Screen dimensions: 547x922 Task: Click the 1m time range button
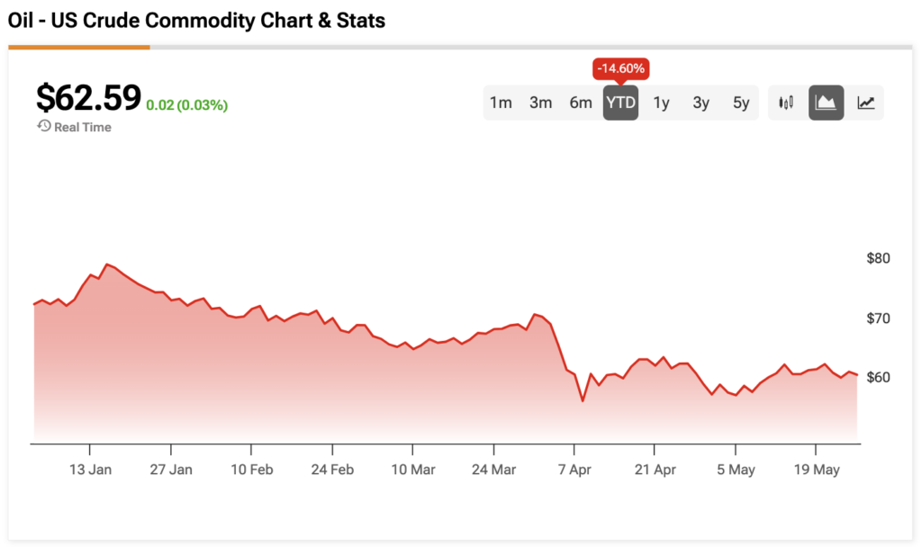[501, 103]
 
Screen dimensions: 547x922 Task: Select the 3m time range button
[540, 103]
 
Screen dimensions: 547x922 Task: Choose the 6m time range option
[581, 103]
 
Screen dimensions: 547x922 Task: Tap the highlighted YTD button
[620, 103]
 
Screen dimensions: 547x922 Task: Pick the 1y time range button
[661, 103]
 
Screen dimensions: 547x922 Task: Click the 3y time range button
[701, 103]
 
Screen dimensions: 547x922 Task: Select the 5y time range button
[741, 103]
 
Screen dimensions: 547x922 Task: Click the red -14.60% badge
[620, 68]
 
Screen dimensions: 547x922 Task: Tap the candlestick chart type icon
[786, 103]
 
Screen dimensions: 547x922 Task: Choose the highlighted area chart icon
[826, 103]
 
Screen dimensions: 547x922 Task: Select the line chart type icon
[865, 103]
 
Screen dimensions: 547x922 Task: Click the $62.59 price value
[88, 97]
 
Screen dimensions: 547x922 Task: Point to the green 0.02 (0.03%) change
[187, 105]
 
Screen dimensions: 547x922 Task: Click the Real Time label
[82, 127]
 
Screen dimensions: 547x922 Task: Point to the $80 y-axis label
[877, 258]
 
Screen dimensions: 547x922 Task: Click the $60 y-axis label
[877, 377]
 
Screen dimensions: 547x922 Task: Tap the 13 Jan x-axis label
[90, 469]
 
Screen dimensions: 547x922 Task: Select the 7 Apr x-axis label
[574, 469]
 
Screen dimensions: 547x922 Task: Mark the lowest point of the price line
[583, 400]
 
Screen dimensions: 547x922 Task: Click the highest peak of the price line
[107, 265]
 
